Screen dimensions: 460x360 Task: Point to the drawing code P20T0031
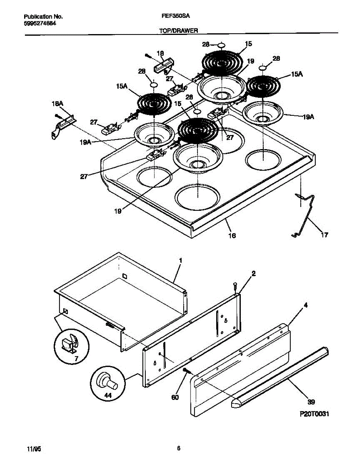tap(314, 414)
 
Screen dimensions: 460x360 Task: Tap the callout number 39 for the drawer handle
tap(311, 402)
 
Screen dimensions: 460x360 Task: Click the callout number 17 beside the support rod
tap(324, 235)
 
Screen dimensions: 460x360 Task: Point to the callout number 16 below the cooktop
tap(232, 235)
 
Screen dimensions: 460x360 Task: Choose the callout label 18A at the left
tap(57, 104)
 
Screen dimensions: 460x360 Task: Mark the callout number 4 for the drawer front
tap(306, 305)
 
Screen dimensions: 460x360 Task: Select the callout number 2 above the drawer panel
tap(253, 273)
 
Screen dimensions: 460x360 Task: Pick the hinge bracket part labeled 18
tap(163, 67)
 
